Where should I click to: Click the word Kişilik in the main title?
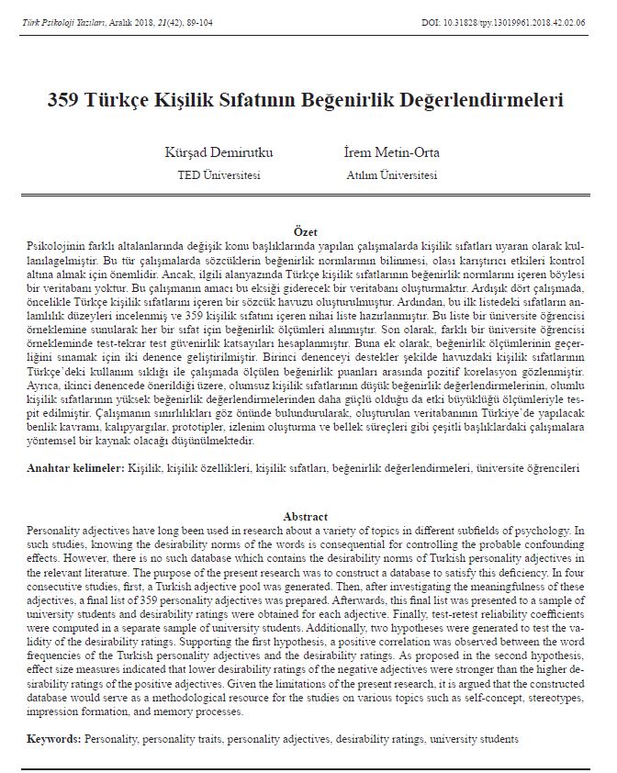coord(181,99)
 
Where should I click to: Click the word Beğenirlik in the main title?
coord(354,99)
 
